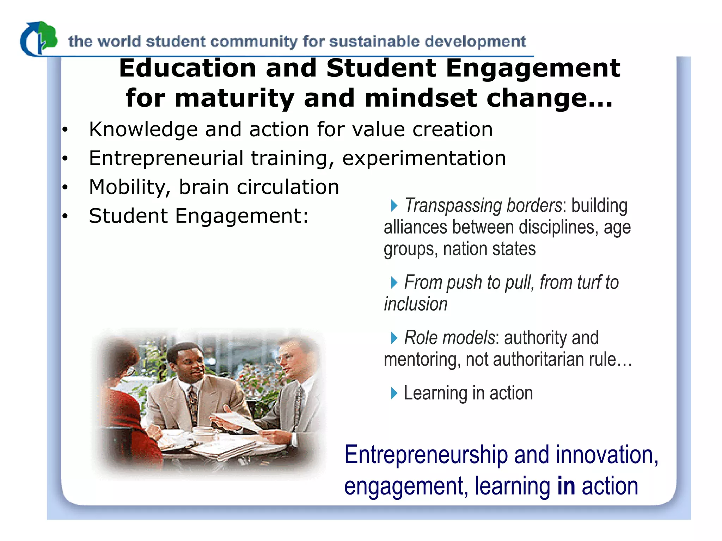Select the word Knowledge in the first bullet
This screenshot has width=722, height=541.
pos(143,130)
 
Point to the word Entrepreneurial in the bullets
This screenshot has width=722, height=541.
pos(166,158)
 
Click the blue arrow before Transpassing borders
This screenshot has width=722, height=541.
pos(394,205)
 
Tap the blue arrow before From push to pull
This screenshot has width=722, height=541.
pos(394,282)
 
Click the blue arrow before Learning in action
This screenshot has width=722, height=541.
pos(394,393)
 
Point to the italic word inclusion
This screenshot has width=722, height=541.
pos(416,304)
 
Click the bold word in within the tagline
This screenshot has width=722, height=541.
pos(566,486)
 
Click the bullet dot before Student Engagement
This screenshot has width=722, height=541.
pos(65,216)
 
